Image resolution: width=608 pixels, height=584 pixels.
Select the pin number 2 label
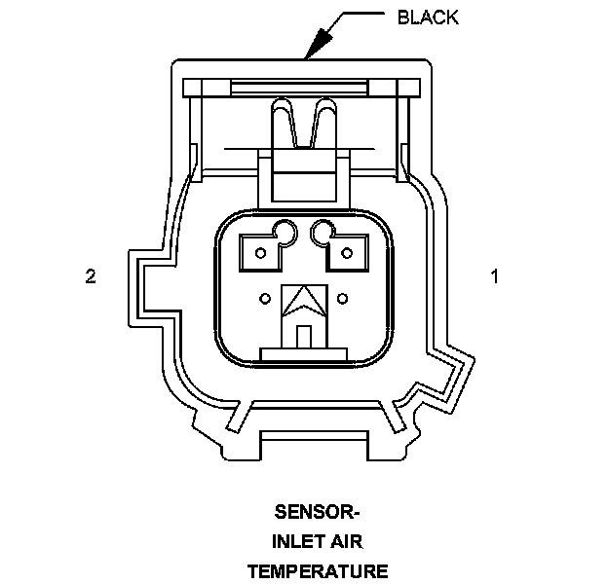click(90, 277)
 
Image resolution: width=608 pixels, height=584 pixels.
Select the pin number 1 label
click(495, 277)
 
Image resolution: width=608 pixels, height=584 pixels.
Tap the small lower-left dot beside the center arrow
click(265, 297)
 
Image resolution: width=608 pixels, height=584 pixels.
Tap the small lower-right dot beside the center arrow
click(342, 297)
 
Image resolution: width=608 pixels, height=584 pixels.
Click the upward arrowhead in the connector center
click(303, 300)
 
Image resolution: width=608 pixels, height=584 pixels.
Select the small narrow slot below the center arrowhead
click(303, 336)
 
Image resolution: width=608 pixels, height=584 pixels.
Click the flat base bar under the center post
click(303, 351)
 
